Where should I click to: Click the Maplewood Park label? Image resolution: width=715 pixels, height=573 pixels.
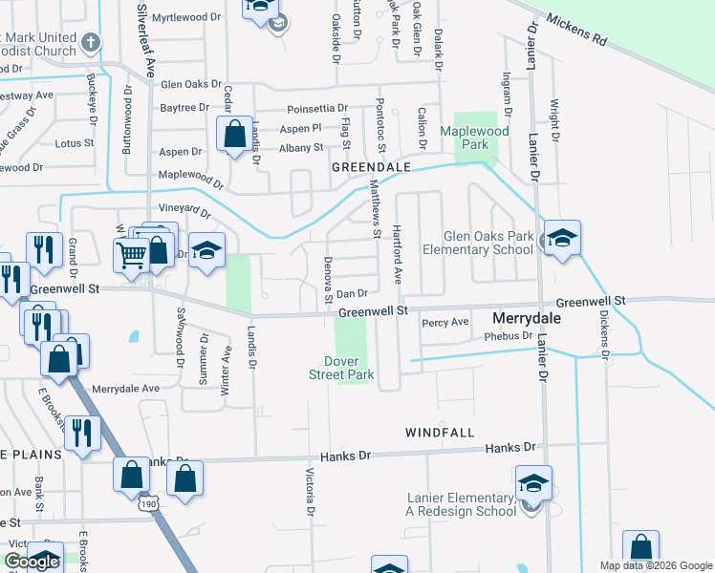tap(465, 138)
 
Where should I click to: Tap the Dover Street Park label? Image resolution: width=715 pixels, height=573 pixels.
tap(348, 368)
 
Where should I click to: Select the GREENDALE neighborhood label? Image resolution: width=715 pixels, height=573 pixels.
tap(371, 167)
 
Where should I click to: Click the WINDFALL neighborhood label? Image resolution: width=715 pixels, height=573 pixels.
tap(439, 433)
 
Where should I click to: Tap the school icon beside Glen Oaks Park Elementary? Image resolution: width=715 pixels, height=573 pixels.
tap(562, 239)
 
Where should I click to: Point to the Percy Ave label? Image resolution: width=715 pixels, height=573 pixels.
tap(446, 322)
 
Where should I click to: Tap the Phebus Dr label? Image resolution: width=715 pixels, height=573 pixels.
tap(509, 336)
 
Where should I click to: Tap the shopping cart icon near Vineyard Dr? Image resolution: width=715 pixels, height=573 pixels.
tap(131, 254)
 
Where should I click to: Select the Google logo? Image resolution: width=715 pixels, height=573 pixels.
tap(32, 562)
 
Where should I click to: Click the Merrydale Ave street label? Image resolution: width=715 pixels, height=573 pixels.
tap(126, 389)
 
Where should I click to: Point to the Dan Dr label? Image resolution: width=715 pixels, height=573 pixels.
tap(352, 293)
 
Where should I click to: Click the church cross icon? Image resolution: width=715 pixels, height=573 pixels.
tap(91, 42)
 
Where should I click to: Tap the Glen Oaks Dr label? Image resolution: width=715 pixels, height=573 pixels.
tap(192, 84)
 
